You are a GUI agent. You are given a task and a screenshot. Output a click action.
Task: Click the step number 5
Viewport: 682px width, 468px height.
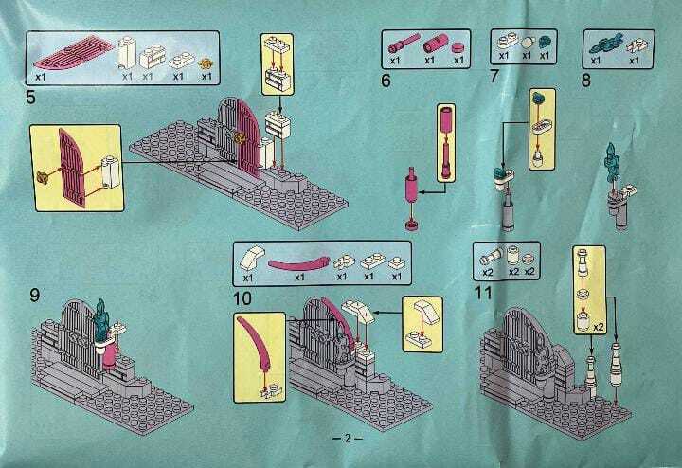[30, 97]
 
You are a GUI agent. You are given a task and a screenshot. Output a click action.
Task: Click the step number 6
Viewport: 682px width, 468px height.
[386, 81]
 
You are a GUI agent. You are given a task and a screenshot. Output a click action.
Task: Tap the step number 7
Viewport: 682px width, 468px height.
[494, 76]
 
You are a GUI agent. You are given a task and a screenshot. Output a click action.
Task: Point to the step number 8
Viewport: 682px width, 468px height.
[586, 81]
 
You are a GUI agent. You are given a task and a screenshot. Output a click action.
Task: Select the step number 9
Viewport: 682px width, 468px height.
[34, 296]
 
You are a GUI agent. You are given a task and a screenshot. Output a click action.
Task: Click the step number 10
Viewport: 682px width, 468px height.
[242, 298]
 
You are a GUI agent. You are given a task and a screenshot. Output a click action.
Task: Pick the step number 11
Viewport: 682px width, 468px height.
[483, 293]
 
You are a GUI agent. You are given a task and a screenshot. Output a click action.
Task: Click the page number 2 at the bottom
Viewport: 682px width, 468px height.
[347, 438]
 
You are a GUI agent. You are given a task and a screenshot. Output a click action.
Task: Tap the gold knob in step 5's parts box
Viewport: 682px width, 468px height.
[206, 63]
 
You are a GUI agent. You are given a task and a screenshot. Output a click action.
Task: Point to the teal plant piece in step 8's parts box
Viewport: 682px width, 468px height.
[604, 45]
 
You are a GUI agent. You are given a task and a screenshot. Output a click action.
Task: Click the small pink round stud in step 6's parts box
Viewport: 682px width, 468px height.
[458, 48]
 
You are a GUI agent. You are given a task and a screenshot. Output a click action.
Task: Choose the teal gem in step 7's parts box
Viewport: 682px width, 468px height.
[544, 43]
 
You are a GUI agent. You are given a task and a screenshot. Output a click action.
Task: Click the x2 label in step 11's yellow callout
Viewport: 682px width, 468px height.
[599, 327]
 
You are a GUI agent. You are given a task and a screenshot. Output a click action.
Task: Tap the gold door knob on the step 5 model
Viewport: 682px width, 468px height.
[239, 138]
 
